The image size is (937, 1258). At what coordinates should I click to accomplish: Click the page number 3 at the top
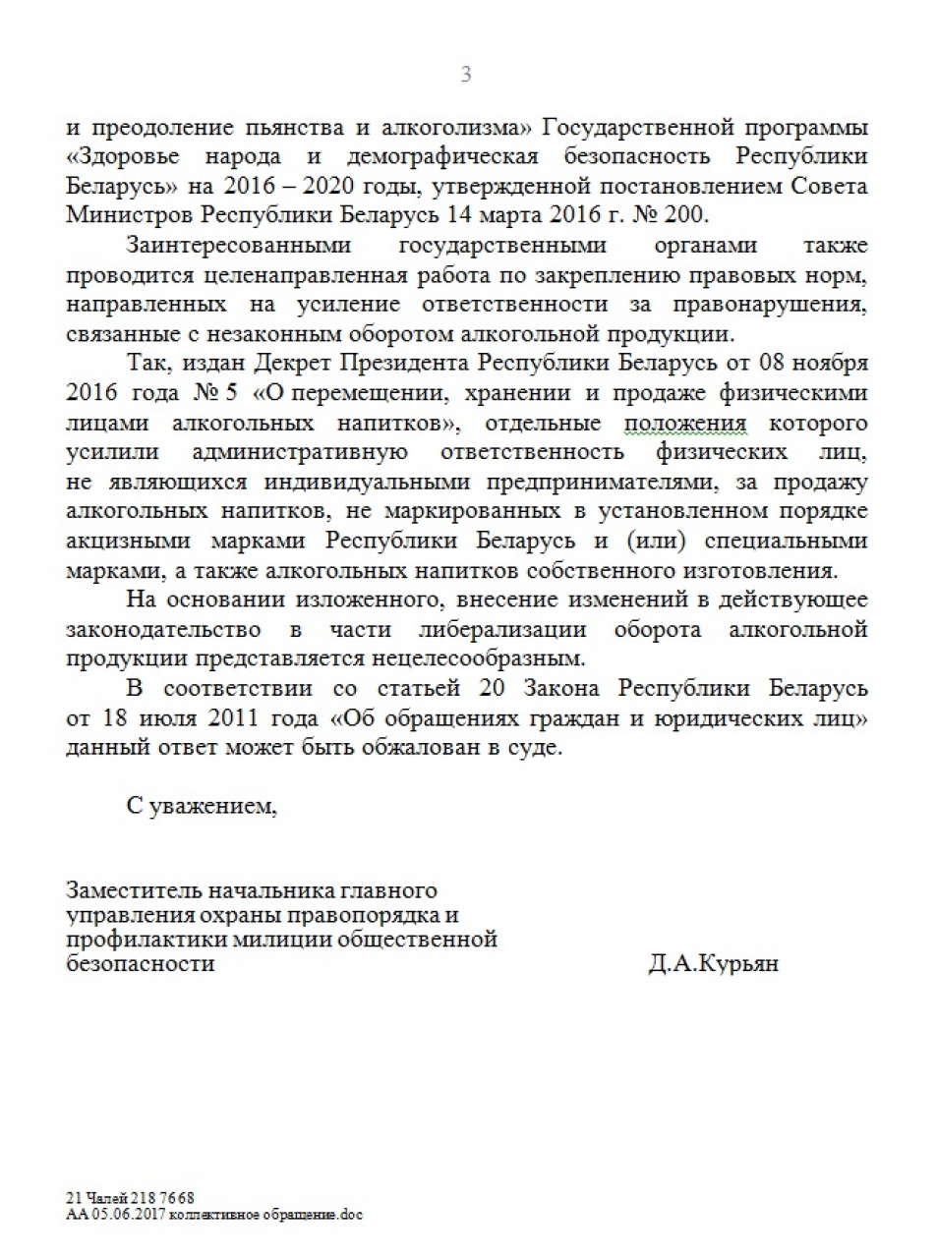pos(466,75)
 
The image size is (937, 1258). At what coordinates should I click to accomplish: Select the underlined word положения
pos(684,423)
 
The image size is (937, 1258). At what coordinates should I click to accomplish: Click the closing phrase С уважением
pos(202,806)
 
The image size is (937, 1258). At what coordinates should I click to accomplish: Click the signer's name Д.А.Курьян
pos(713,963)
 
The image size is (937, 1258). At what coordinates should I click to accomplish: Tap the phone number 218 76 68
pos(161,1198)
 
